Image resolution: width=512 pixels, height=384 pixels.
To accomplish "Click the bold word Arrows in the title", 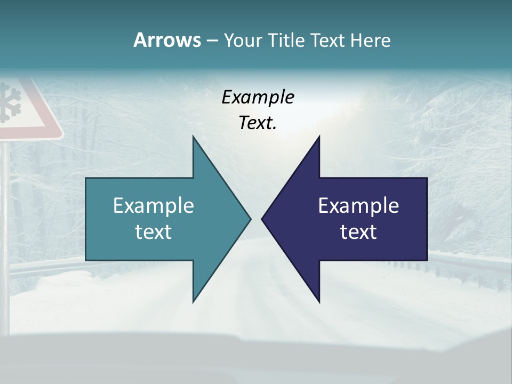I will coord(167,40).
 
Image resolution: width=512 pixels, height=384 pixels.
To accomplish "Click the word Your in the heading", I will coord(243,40).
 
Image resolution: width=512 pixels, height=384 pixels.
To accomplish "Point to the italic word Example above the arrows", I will coord(258,97).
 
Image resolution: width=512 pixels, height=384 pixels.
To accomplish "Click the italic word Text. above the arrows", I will coord(258,123).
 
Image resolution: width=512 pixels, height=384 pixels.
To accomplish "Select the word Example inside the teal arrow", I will coord(153,205).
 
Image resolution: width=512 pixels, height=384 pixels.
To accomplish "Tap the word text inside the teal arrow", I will coord(153,232).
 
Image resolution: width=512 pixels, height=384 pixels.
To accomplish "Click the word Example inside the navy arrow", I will coord(358,205).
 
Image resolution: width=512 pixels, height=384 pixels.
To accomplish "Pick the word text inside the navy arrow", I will coord(358,232).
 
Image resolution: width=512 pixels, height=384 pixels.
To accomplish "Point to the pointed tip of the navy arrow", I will coord(262,219).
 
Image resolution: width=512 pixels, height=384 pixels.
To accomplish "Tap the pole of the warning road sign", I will coord(5,213).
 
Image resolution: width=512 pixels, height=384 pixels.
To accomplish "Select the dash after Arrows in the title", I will coord(212,41).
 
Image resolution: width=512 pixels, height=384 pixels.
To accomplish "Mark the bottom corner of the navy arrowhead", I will coord(319,301).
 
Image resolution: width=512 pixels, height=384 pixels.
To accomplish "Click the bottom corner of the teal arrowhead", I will coord(194,301).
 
